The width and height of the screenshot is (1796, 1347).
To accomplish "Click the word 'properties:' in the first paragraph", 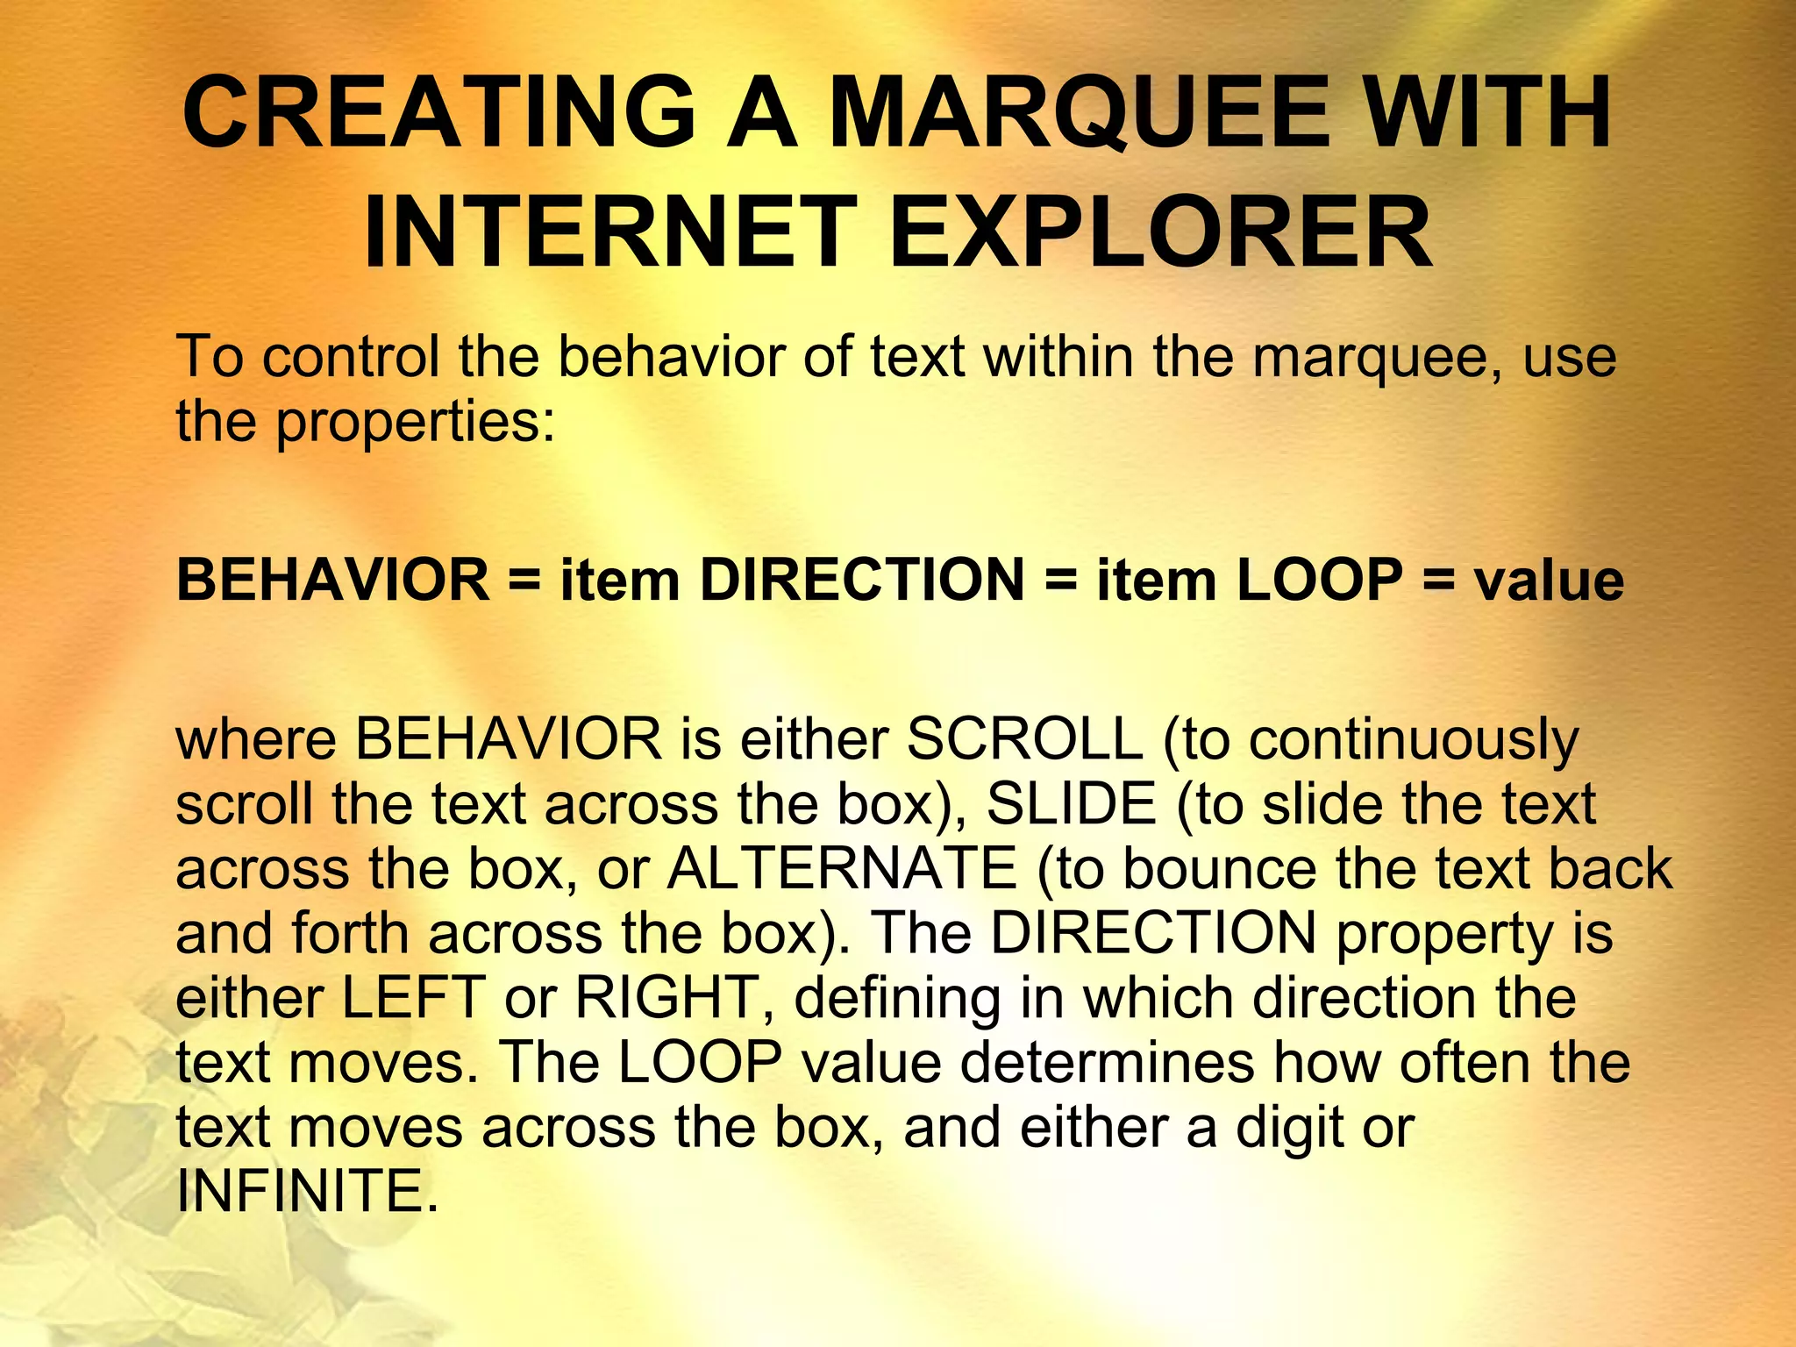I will point(417,423).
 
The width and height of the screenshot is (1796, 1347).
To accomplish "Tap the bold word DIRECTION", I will point(862,581).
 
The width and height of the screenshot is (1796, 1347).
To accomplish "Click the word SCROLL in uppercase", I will point(1024,739).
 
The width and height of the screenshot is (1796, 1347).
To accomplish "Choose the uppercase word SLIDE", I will point(1072,804).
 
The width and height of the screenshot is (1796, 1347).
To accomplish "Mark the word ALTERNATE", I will point(842,869).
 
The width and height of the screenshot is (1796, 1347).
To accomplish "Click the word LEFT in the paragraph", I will point(413,998).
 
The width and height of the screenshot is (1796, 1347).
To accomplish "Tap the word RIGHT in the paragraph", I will point(666,998).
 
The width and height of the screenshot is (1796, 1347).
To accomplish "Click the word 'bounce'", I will point(1220,869).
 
